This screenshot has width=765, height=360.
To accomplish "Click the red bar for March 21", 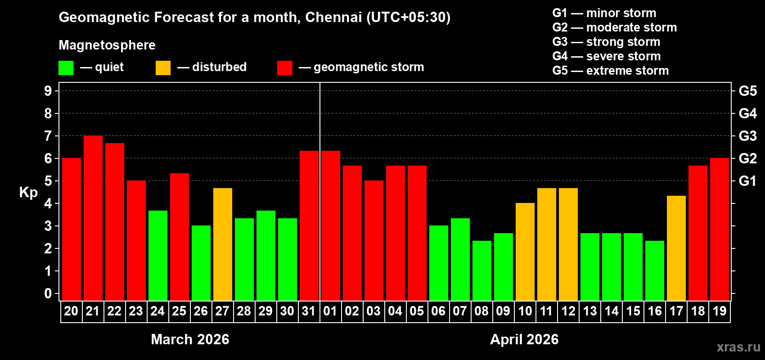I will point(93,218).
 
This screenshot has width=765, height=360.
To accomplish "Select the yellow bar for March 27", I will point(223,244).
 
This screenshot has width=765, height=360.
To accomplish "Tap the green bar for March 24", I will point(158,255).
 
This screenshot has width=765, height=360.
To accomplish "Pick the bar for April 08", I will point(482,270).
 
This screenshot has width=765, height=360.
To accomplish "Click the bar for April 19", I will point(720,229).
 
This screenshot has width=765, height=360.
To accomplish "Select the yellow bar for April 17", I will point(676,248).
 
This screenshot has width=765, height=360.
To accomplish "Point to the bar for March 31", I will point(309,225).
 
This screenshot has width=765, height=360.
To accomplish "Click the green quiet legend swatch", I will point(66,68).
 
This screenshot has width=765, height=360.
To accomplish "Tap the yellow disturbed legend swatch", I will point(163,68).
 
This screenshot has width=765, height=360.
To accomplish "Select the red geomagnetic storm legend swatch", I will point(284,68).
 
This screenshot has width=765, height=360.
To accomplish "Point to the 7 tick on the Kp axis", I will point(48,136).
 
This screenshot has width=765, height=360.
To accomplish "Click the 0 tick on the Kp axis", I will point(48,294).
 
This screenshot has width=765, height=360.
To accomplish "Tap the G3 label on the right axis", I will point(747,136).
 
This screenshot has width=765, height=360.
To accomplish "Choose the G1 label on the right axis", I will point(747,181).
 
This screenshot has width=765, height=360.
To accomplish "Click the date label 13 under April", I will point(590,311).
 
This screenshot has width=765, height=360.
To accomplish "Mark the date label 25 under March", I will point(179,311).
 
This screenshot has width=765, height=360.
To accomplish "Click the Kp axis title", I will point(28,193).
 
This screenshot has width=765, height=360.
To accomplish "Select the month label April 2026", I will point(524,339).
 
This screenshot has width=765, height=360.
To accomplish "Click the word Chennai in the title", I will point(333,17).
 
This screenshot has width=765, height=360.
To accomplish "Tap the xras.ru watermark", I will point(738,347).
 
